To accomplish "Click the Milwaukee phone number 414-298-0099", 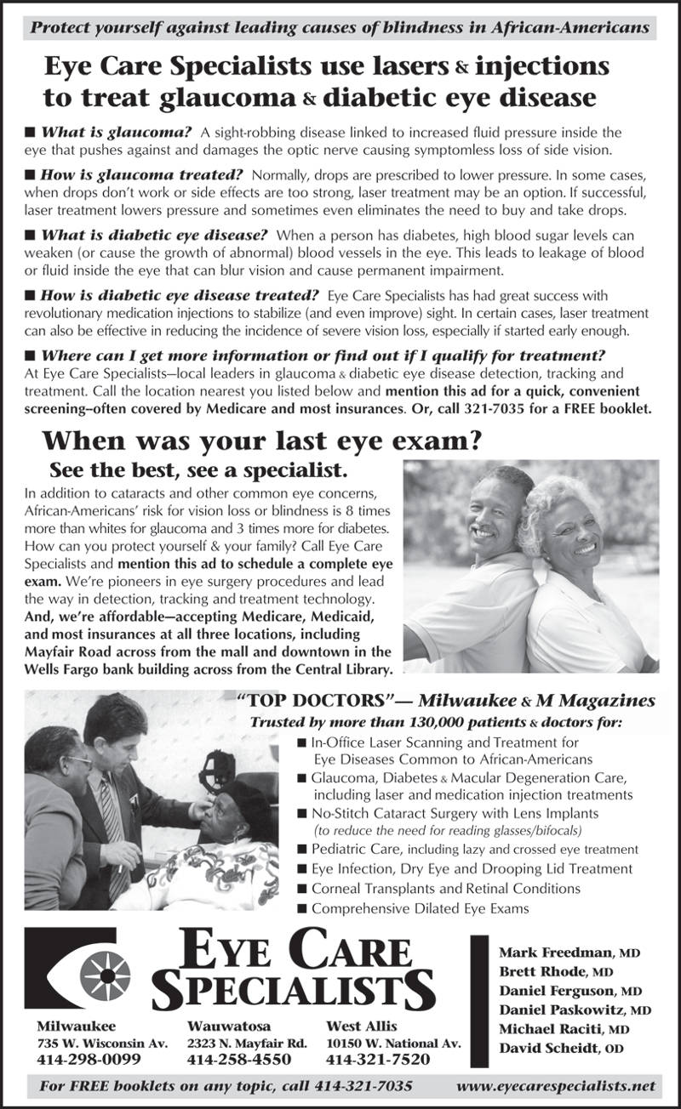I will pyautogui.click(x=89, y=1060).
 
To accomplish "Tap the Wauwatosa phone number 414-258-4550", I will pyautogui.click(x=239, y=1060).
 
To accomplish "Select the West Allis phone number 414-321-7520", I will pyautogui.click(x=379, y=1060).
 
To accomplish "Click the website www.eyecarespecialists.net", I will pyautogui.click(x=556, y=1086).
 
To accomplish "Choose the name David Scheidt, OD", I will pyautogui.click(x=562, y=1049).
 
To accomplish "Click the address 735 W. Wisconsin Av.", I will pyautogui.click(x=102, y=1043).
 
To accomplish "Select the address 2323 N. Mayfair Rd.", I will pyautogui.click(x=247, y=1043).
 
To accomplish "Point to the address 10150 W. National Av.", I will pyautogui.click(x=393, y=1043).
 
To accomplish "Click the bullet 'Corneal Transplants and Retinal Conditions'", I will pyautogui.click(x=434, y=888).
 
